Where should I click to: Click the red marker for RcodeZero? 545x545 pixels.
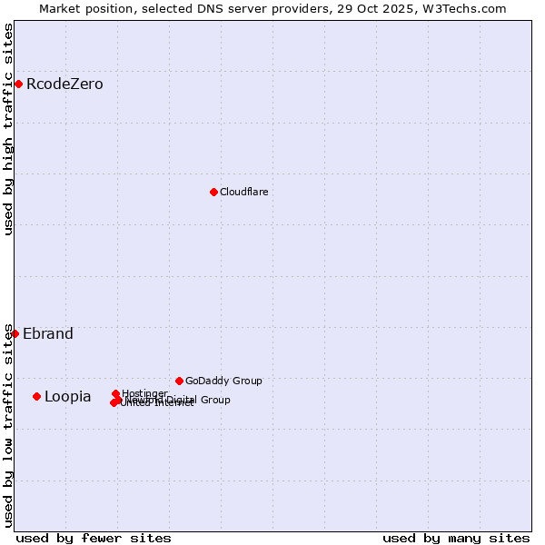tap(18, 84)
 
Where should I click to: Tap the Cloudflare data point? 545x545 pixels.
tap(213, 192)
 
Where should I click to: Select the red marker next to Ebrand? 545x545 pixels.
tap(15, 333)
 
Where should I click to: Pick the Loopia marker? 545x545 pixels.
tap(36, 396)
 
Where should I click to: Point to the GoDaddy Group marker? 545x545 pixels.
tap(179, 381)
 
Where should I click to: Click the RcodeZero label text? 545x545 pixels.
tap(64, 84)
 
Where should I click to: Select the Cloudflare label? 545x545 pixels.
tap(243, 192)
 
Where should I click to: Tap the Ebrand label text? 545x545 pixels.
tap(48, 333)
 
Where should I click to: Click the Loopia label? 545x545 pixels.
tap(67, 396)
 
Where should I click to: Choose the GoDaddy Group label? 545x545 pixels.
tap(223, 381)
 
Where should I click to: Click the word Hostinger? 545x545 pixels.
tap(145, 393)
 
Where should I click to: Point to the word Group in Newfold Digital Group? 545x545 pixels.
tap(215, 400)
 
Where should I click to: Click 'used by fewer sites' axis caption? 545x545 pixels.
tap(94, 538)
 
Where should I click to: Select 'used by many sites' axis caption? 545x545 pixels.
tap(456, 538)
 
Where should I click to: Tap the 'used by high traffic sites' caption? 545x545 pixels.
tap(9, 129)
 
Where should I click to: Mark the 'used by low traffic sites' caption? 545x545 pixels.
tap(9, 425)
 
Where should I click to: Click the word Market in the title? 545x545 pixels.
tap(61, 8)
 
